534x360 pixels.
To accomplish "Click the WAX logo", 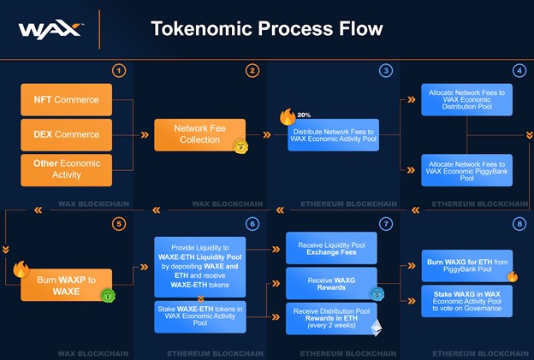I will pyautogui.click(x=50, y=31).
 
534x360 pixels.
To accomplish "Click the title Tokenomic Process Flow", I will pyautogui.click(x=266, y=29).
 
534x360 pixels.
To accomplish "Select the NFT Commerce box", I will pyautogui.click(x=67, y=100).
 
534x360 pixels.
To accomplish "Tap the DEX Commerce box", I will pyautogui.click(x=67, y=134).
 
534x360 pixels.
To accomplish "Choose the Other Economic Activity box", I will pyautogui.click(x=67, y=168).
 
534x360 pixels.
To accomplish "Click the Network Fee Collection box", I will pyautogui.click(x=199, y=134).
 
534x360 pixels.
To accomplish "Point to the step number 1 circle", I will pyautogui.click(x=119, y=70).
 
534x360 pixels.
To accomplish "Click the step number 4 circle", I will pyautogui.click(x=519, y=70).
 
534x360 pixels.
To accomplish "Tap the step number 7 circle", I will pyautogui.click(x=386, y=223).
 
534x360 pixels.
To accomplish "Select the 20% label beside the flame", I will pyautogui.click(x=303, y=115).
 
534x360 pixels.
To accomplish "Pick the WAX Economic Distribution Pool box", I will pyautogui.click(x=466, y=100).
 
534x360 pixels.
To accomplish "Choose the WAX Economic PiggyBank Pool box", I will pyautogui.click(x=466, y=169).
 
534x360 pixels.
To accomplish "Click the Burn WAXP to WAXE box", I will pyautogui.click(x=67, y=285).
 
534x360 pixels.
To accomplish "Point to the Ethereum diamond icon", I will pyautogui.click(x=375, y=328).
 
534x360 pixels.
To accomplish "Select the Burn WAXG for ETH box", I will pyautogui.click(x=466, y=265).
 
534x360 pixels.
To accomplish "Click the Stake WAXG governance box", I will pyautogui.click(x=466, y=301).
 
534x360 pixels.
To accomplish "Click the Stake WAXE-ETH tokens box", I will pyautogui.click(x=199, y=316).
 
